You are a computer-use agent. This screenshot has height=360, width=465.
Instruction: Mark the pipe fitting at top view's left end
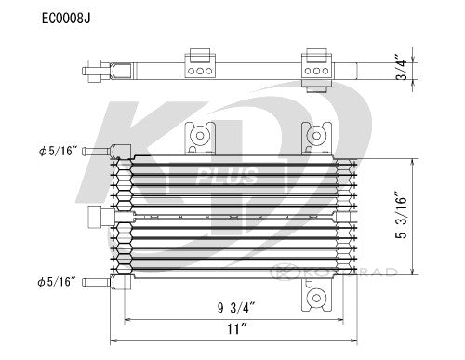[x=97, y=69]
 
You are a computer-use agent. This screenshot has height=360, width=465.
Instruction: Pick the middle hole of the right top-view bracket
[x=316, y=70]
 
